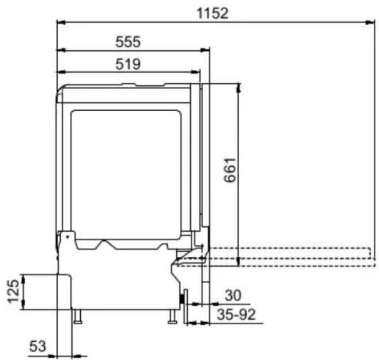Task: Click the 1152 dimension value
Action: click(212, 14)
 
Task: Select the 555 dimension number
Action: click(128, 42)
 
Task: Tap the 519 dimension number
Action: click(128, 64)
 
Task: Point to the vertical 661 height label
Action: click(230, 170)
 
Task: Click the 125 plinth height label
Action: click(13, 291)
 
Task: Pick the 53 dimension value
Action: click(37, 346)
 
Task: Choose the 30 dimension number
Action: click(233, 295)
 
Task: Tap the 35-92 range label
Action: click(236, 315)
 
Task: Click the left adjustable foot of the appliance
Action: click(78, 316)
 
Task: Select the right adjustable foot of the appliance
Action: click(172, 316)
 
